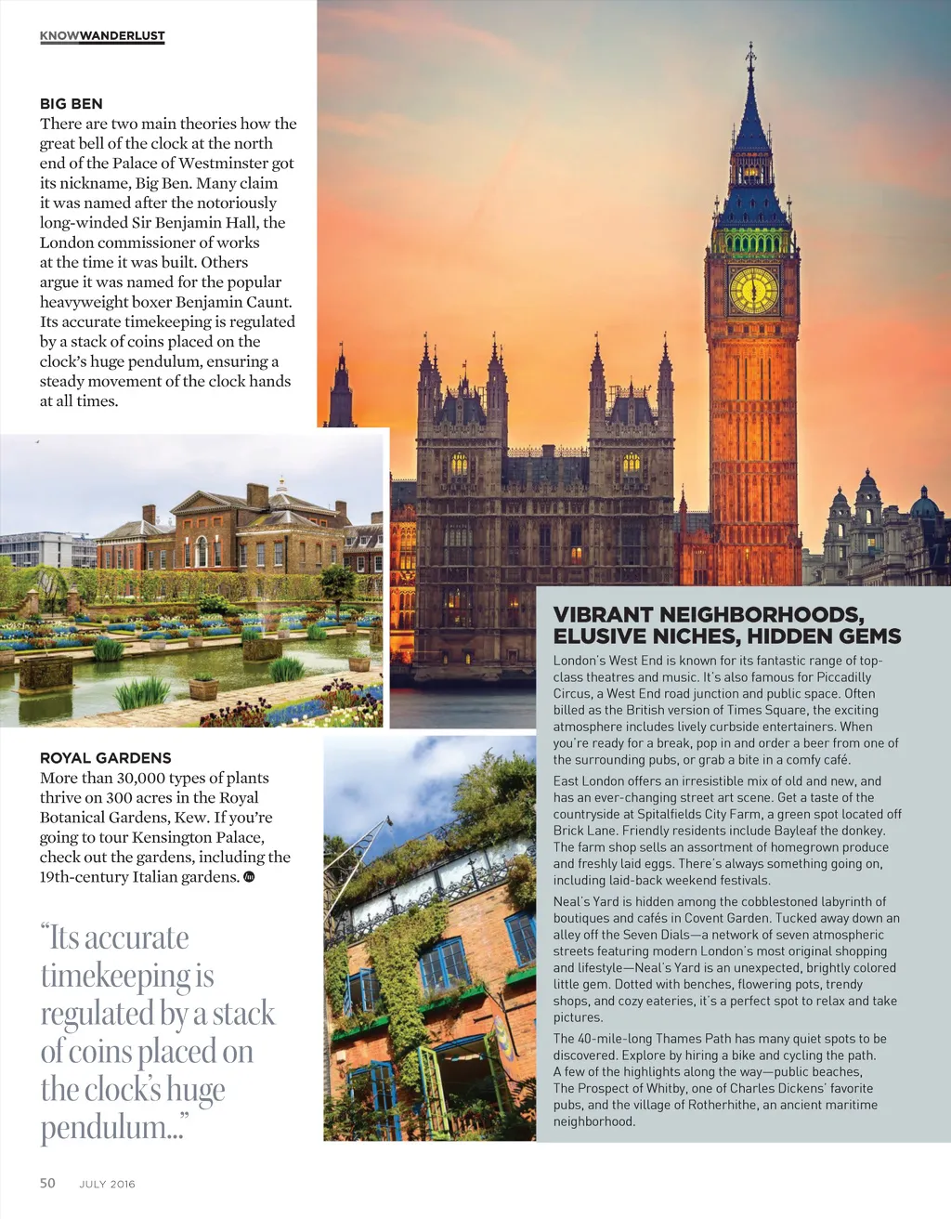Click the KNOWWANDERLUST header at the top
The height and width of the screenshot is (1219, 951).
pyautogui.click(x=102, y=36)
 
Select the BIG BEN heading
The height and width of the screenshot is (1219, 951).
pyautogui.click(x=72, y=104)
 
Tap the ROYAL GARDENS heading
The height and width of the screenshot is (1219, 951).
pyautogui.click(x=106, y=758)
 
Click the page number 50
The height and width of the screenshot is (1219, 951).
pyautogui.click(x=47, y=1183)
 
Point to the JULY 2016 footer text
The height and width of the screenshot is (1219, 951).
pyautogui.click(x=107, y=1184)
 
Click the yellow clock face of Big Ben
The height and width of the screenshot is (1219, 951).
pyautogui.click(x=753, y=290)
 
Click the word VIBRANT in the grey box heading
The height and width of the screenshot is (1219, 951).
pyautogui.click(x=604, y=615)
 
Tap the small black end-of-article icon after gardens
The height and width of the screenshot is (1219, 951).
pyautogui.click(x=249, y=877)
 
